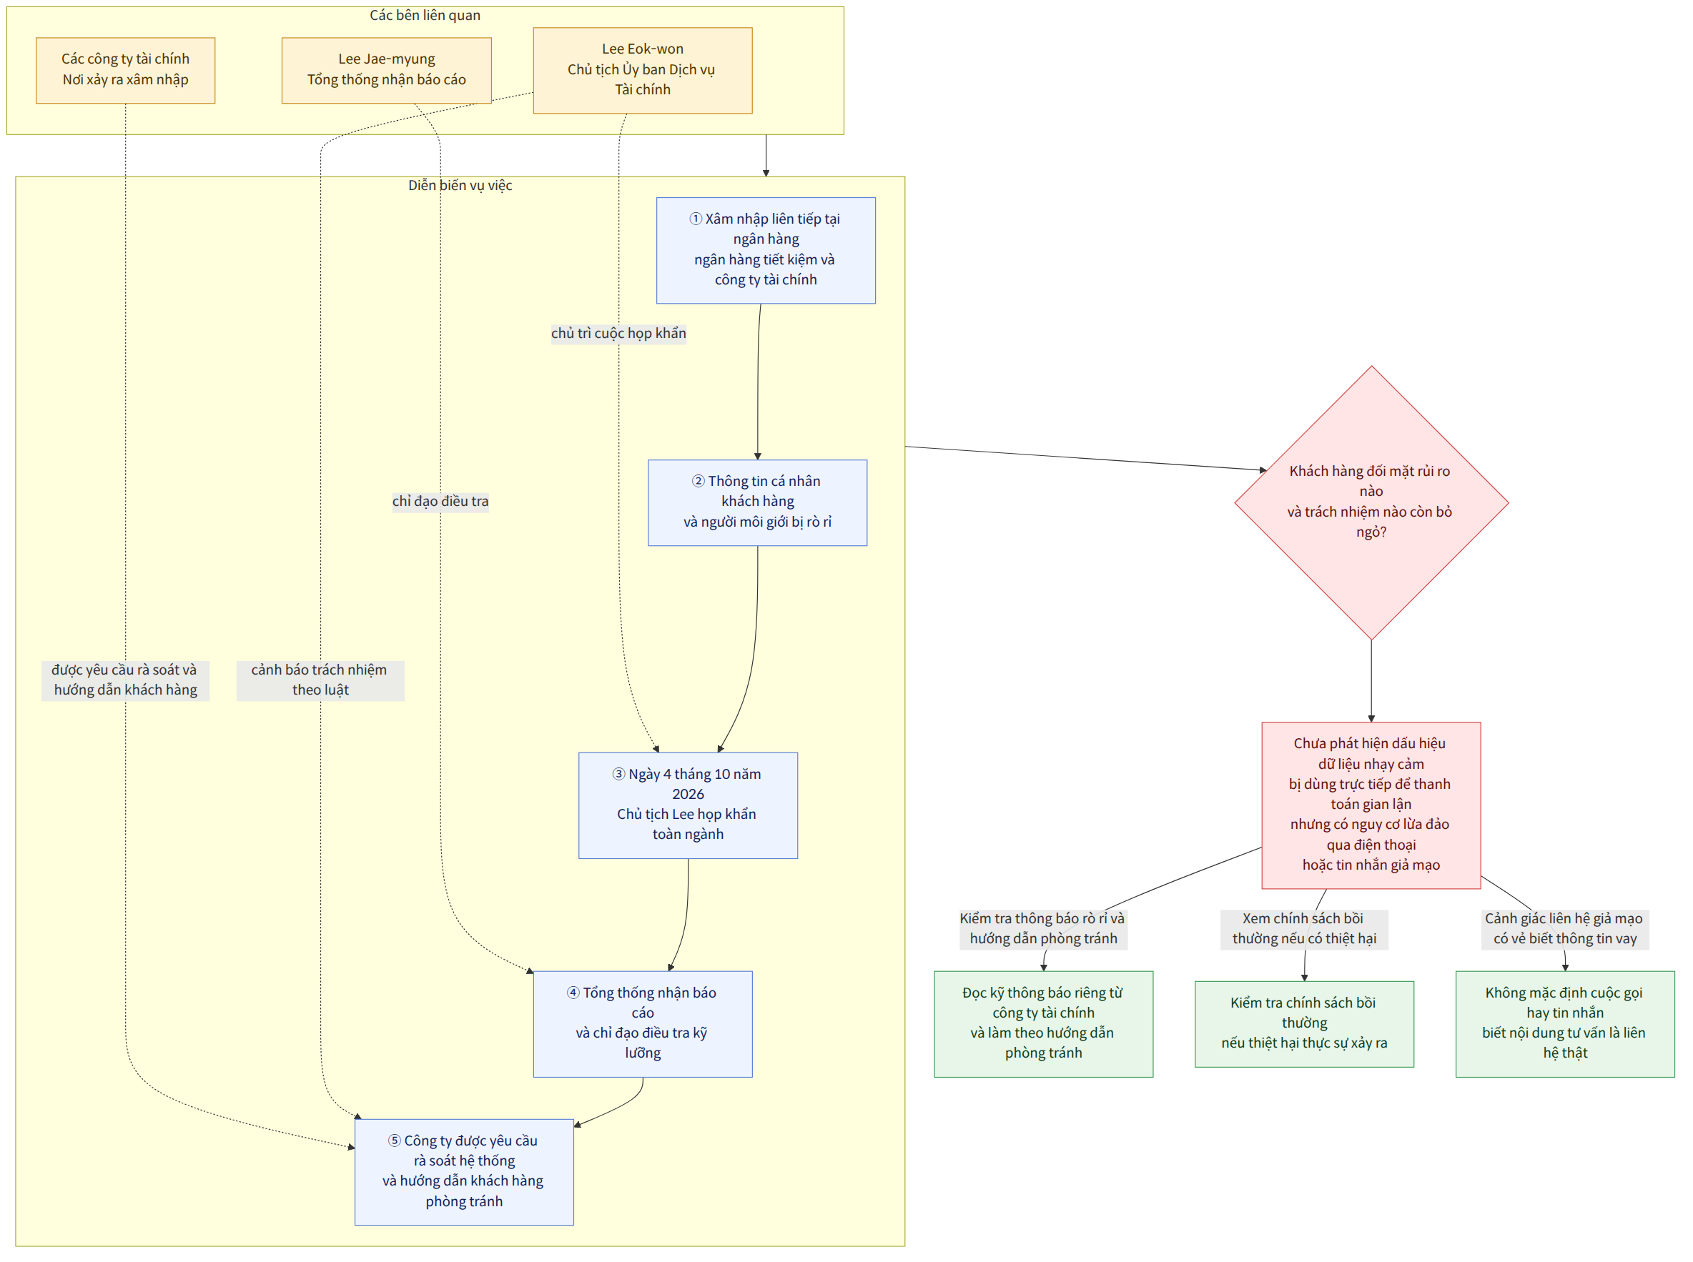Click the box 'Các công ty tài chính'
pyautogui.click(x=125, y=70)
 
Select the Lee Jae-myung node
pyautogui.click(x=387, y=70)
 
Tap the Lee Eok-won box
pyautogui.click(x=643, y=70)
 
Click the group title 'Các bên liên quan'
pyautogui.click(x=425, y=15)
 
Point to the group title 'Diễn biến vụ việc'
pyautogui.click(x=460, y=186)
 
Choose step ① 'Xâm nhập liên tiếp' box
pyautogui.click(x=766, y=251)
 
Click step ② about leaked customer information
pyautogui.click(x=757, y=502)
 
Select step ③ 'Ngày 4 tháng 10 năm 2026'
pyautogui.click(x=688, y=805)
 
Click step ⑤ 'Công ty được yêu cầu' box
pyautogui.click(x=464, y=1172)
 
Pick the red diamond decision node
pyautogui.click(x=1371, y=502)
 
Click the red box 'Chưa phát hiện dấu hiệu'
pyautogui.click(x=1371, y=805)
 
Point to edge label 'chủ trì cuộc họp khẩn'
pyautogui.click(x=618, y=334)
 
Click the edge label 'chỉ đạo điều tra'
pyautogui.click(x=440, y=502)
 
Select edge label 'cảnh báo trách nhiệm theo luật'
pyautogui.click(x=320, y=680)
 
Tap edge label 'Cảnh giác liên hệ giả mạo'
pyautogui.click(x=1564, y=929)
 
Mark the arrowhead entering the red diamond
pyautogui.click(x=1263, y=469)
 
